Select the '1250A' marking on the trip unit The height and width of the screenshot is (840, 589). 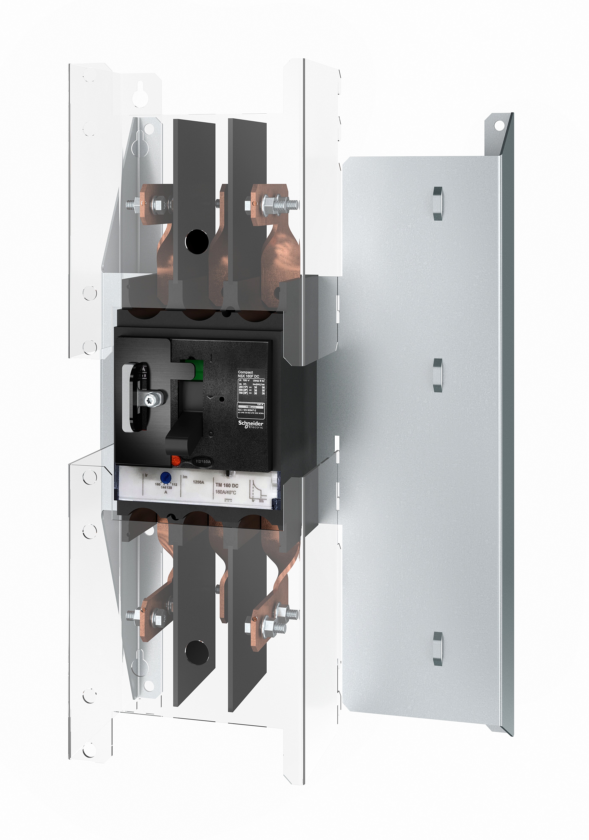coord(198,482)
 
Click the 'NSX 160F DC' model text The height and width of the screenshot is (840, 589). coord(249,376)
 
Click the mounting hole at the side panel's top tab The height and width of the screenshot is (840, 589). coord(499,126)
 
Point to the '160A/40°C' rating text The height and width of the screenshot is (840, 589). coord(225,492)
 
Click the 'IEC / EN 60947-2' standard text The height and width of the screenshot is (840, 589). coord(247,410)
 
